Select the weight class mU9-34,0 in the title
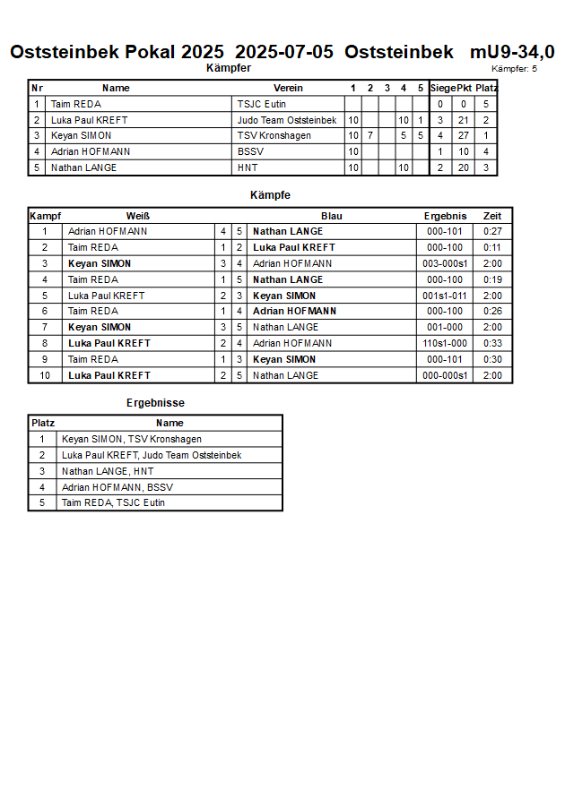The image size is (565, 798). [512, 52]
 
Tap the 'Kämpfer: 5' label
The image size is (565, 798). [515, 69]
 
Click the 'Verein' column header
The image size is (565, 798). [288, 88]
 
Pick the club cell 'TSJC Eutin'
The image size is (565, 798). [262, 104]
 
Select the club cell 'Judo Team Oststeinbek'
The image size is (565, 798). [287, 120]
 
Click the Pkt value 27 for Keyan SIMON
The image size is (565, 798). [464, 136]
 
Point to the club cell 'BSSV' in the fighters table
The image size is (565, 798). [250, 152]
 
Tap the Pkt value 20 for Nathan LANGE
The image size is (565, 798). [464, 168]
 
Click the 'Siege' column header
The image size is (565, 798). [442, 88]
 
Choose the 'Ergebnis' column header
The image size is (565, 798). [446, 216]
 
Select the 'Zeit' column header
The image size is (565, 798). [492, 216]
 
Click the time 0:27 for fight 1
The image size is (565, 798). [492, 232]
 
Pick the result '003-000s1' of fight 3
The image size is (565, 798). [446, 264]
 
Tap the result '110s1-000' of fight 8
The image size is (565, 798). [446, 344]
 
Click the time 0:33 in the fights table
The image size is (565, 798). [492, 344]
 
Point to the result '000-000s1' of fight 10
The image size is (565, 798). [446, 376]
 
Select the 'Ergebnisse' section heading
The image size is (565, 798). [155, 404]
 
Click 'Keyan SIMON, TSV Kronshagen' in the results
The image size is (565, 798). [132, 440]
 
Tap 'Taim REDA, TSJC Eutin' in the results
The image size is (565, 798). [114, 503]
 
